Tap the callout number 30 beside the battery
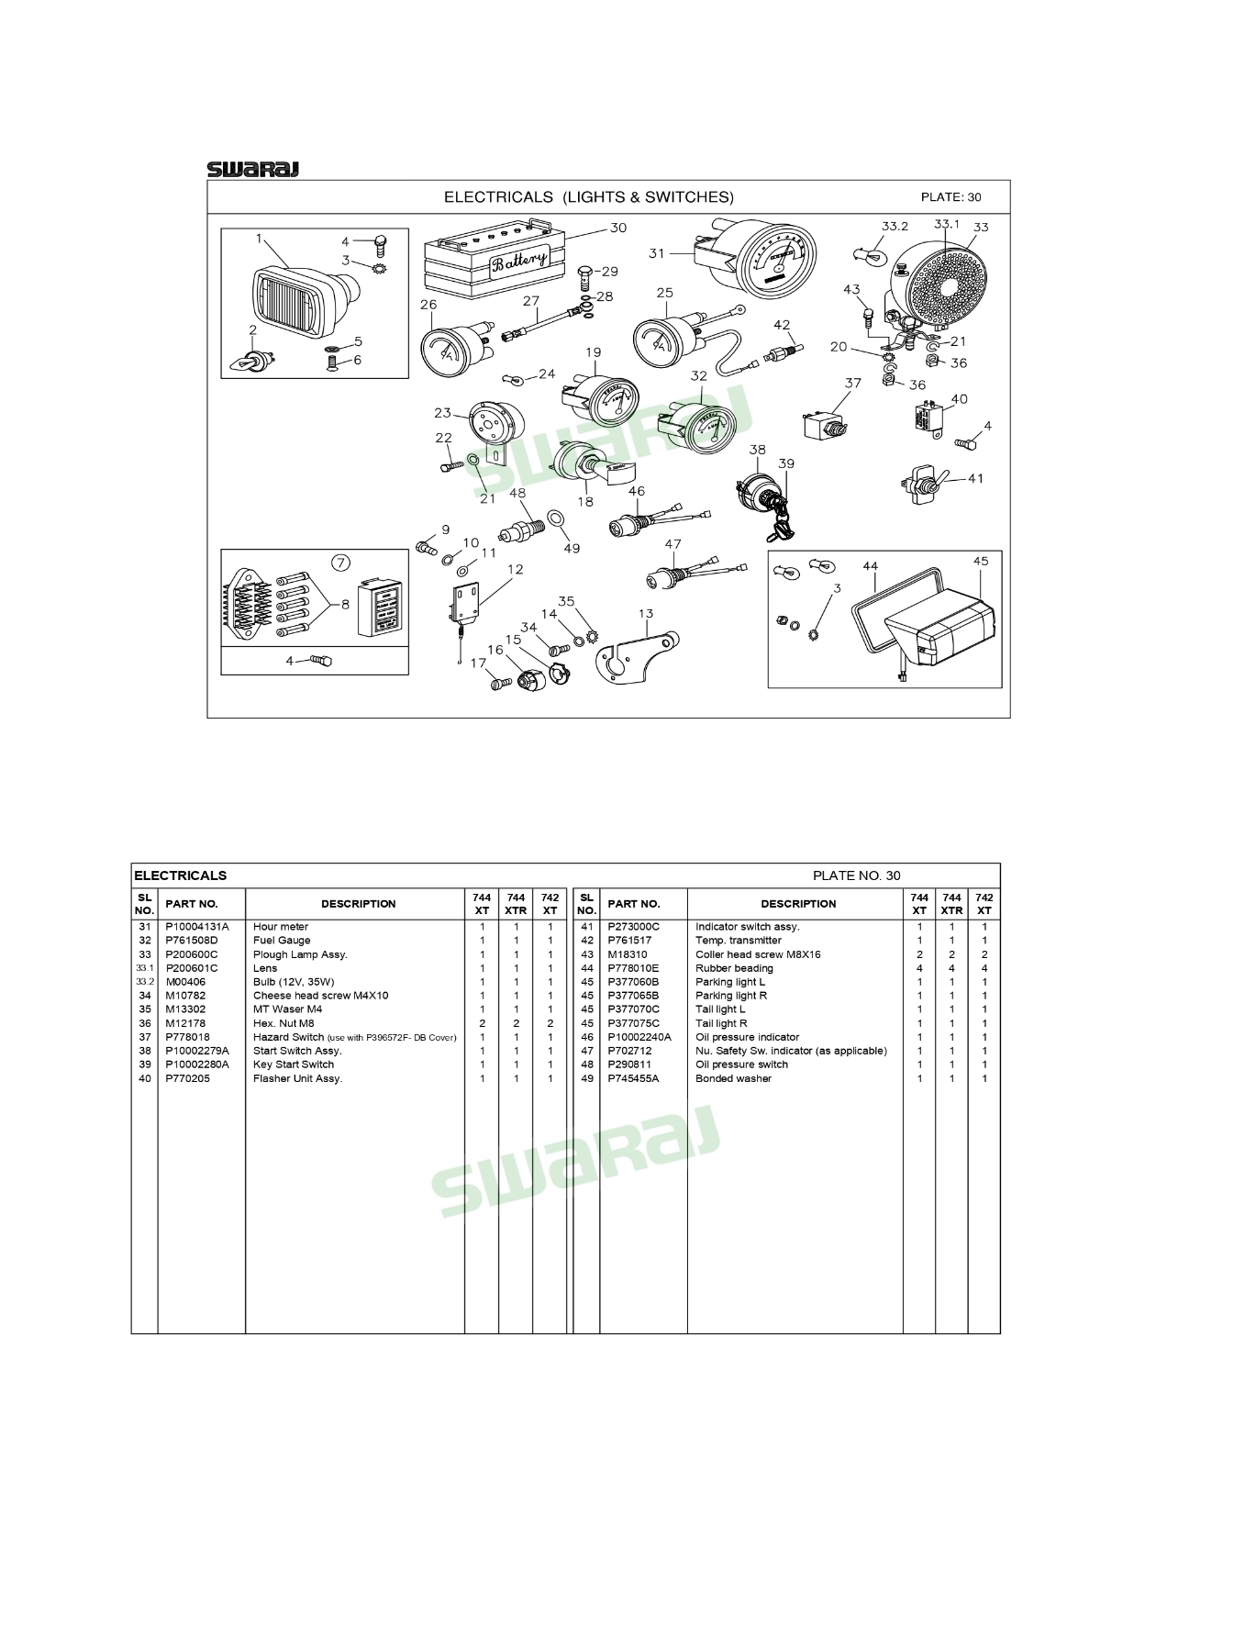click(x=618, y=228)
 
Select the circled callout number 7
click(x=340, y=563)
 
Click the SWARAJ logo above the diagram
click(x=252, y=169)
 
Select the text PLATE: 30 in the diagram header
click(x=950, y=197)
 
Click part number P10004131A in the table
click(x=197, y=927)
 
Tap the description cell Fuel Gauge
click(x=282, y=941)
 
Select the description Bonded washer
click(x=733, y=1078)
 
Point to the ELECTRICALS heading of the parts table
click(x=181, y=875)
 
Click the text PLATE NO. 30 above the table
click(x=857, y=875)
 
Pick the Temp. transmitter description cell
click(x=739, y=941)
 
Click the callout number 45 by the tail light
click(x=981, y=561)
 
